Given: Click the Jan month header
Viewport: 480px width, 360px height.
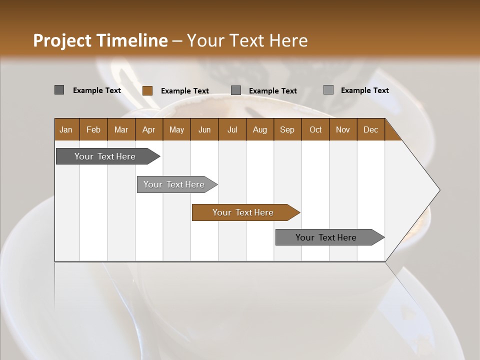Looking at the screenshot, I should point(66,129).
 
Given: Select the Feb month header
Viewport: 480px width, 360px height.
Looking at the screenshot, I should point(93,129).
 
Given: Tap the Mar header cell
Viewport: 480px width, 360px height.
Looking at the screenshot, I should point(121,129).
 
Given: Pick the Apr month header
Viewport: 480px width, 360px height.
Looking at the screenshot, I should point(149,129).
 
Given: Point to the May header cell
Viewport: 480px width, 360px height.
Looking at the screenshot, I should point(176,129).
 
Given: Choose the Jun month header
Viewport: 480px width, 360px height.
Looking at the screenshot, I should point(204,129).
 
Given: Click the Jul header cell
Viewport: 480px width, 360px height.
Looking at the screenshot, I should point(232,129).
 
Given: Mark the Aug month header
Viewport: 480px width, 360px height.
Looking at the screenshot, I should point(260,129).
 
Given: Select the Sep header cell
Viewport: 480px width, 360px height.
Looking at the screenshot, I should point(287,129).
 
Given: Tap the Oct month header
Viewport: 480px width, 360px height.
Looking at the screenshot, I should point(315,129).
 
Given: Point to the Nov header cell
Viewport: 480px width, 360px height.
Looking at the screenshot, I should point(343,129).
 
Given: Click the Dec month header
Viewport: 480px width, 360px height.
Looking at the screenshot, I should point(371,129).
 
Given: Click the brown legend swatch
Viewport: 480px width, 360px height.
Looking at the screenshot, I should point(147,90).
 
